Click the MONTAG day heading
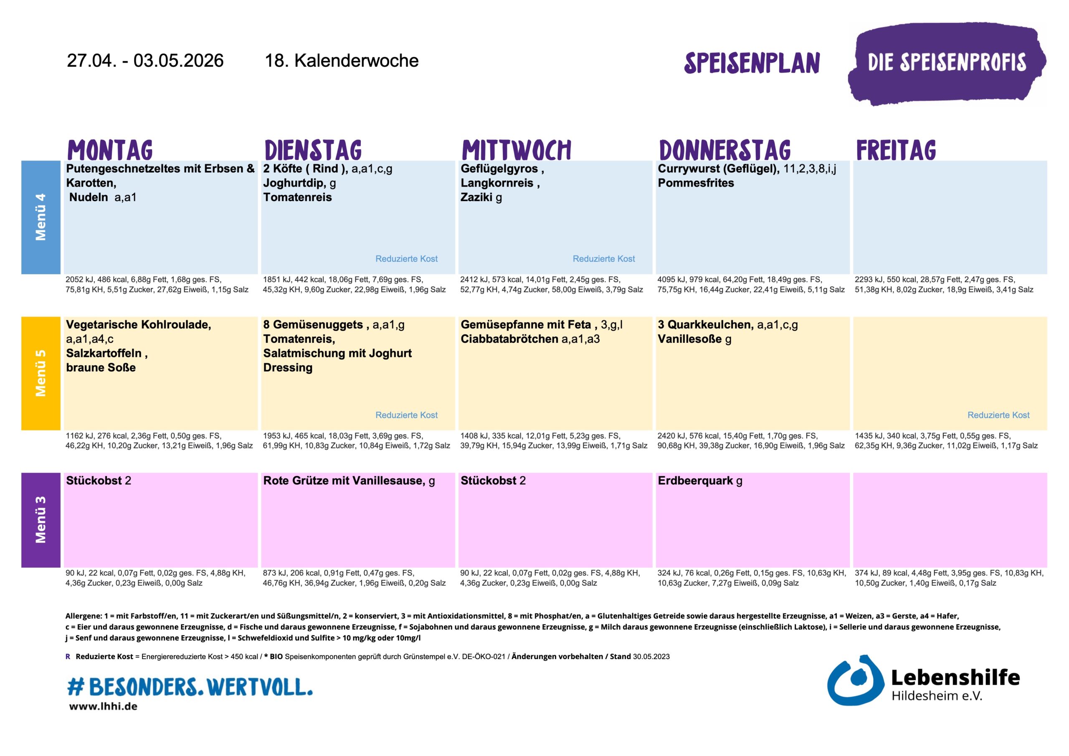coord(110,150)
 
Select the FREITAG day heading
coord(896,150)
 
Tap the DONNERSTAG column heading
coord(724,150)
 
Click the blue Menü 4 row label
coord(41,217)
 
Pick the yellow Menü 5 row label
coord(41,373)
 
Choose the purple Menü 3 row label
coord(41,520)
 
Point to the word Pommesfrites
coord(696,183)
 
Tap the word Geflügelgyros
coord(499,169)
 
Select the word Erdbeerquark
coord(695,480)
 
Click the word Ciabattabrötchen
coord(509,339)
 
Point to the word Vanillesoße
coord(689,339)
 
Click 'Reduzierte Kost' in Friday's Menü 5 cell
coord(998,415)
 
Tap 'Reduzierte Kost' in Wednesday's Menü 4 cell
coord(603,259)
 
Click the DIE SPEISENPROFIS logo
coord(947,63)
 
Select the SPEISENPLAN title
coord(752,63)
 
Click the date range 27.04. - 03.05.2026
coord(145,61)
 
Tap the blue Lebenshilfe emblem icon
coord(855,680)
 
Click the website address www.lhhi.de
coord(104,706)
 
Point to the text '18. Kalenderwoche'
coord(341,61)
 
